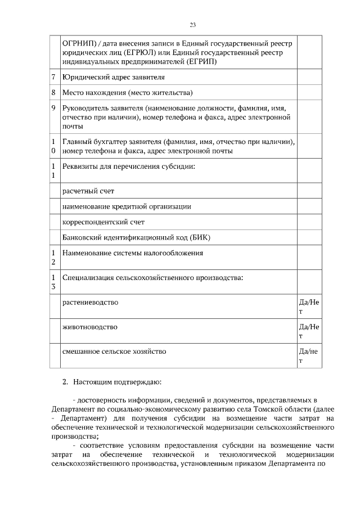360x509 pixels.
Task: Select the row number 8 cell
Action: pos(53,92)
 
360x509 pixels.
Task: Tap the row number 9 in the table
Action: pos(53,107)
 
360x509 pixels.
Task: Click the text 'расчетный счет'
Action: pos(88,191)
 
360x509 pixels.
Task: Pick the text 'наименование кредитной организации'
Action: pos(127,206)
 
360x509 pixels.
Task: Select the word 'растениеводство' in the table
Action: pos(91,302)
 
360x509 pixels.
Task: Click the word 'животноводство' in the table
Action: pos(90,326)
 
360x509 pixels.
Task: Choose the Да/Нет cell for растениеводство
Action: pos(309,307)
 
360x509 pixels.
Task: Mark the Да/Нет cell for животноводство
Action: pos(309,331)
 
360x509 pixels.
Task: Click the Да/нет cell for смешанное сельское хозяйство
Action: pos(309,355)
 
